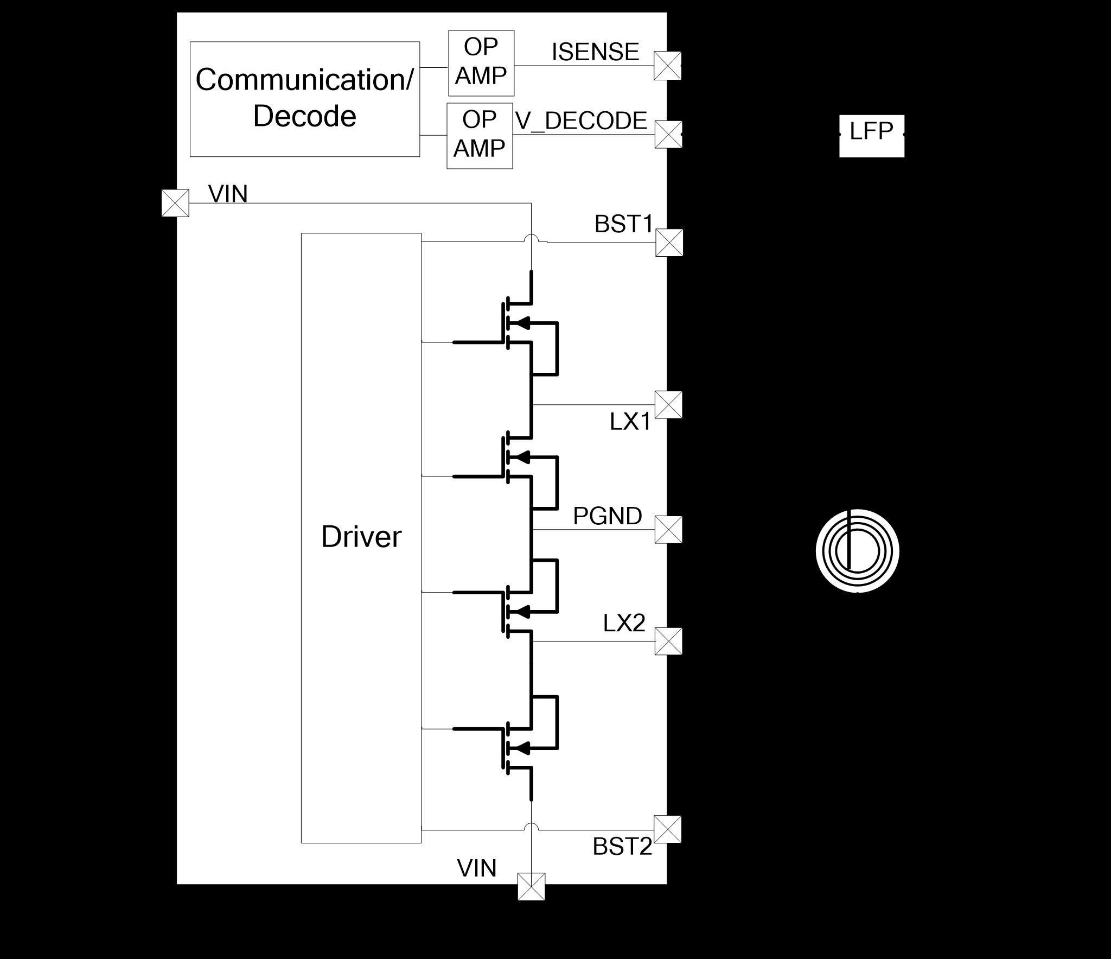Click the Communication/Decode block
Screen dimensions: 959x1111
[x=304, y=99]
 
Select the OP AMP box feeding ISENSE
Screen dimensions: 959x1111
[x=481, y=63]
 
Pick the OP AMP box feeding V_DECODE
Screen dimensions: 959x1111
[x=480, y=136]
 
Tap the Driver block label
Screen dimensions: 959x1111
[x=361, y=537]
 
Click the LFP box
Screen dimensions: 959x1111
[x=871, y=135]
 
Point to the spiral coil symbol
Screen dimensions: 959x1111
[x=857, y=551]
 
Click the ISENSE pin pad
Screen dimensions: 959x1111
[x=667, y=66]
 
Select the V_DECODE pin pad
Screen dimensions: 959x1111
[x=668, y=135]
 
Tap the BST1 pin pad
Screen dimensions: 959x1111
[x=669, y=242]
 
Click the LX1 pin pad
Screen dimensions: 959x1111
[x=668, y=404]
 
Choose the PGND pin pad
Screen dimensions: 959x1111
[x=668, y=529]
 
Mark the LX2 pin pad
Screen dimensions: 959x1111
[x=668, y=641]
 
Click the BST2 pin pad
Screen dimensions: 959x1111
[x=668, y=829]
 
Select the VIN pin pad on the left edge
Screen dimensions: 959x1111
[x=175, y=203]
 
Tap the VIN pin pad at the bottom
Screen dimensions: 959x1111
[x=531, y=887]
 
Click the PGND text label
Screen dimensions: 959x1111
[x=607, y=516]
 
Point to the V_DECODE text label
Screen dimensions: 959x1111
[x=581, y=120]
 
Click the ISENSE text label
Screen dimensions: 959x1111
[x=595, y=52]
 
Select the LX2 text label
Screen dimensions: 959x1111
[x=624, y=624]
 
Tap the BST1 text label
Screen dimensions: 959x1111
[x=623, y=224]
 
